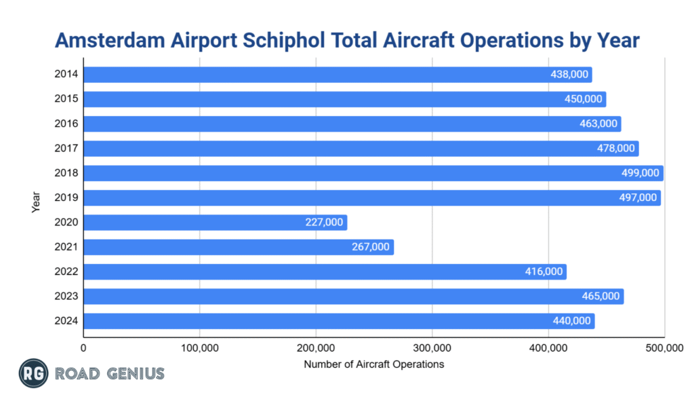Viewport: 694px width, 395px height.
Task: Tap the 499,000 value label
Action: tap(640, 173)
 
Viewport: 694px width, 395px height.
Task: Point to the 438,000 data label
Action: tap(569, 75)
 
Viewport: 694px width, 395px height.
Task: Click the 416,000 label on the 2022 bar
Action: tap(544, 271)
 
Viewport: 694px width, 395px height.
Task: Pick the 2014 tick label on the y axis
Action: tap(66, 75)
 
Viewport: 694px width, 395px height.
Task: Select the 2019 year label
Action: tap(66, 197)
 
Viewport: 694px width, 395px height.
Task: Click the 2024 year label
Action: tap(66, 321)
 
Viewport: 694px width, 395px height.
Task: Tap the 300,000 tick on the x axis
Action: tap(432, 348)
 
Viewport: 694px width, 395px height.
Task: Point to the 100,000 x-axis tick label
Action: tap(199, 348)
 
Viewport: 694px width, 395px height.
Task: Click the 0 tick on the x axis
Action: tap(83, 348)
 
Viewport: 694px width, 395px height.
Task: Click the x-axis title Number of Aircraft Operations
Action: tap(373, 364)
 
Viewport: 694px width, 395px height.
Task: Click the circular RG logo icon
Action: tap(32, 373)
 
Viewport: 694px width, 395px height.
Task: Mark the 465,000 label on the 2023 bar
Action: tap(600, 297)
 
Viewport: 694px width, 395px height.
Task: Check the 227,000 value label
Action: tap(324, 223)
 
